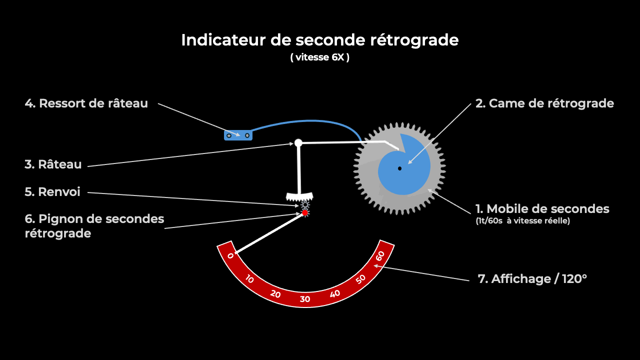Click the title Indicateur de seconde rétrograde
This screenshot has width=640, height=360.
point(320,40)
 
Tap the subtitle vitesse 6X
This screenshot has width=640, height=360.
point(320,57)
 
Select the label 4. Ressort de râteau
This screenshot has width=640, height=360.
point(86,103)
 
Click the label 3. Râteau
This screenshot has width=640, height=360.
point(53,164)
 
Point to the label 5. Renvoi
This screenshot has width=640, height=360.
point(52,191)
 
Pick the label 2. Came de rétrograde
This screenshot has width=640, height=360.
point(544,103)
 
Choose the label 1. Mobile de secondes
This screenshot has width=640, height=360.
point(542,209)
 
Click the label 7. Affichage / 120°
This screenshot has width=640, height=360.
point(532,279)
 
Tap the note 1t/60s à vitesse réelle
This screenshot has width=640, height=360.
point(523,221)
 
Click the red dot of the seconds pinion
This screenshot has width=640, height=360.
point(305,213)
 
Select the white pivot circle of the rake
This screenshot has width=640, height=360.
point(298,142)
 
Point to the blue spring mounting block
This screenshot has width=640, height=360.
point(238,135)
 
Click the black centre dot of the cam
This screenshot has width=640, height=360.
point(399,168)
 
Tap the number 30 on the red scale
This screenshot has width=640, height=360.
point(305,299)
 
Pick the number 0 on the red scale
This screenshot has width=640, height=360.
point(230,255)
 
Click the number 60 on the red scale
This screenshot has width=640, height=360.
point(380,256)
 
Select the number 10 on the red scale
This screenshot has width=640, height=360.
point(249,279)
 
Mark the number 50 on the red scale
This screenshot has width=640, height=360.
point(360,279)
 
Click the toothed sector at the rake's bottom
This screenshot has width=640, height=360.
point(299,196)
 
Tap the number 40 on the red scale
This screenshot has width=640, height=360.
point(335,293)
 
